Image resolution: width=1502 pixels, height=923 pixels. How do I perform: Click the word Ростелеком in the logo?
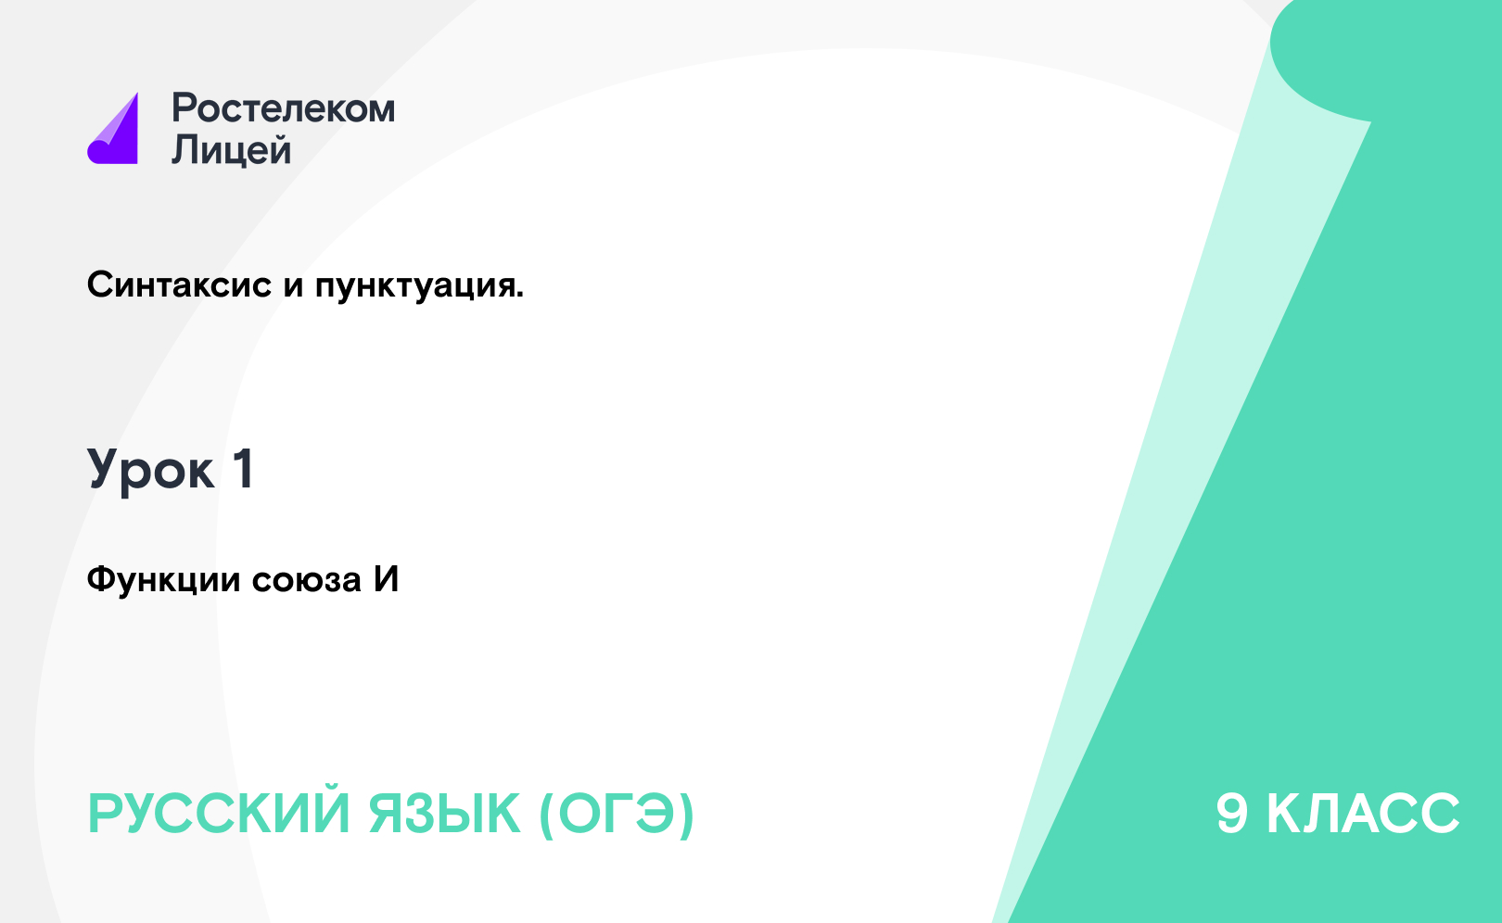tap(284, 107)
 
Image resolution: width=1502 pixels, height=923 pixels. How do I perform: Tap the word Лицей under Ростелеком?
tap(232, 149)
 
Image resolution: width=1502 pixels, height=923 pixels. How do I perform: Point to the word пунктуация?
tap(415, 287)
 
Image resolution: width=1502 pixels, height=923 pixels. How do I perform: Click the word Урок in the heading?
tap(151, 470)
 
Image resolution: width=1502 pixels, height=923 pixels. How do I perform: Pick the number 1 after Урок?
tap(244, 469)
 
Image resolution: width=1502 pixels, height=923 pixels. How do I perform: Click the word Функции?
tap(163, 580)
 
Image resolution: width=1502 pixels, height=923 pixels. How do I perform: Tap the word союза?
tap(307, 581)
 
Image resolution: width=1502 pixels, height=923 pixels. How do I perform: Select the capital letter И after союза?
tap(387, 579)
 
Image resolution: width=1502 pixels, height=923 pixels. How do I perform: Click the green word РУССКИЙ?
tap(219, 814)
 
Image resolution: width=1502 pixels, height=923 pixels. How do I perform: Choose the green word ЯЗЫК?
tap(444, 814)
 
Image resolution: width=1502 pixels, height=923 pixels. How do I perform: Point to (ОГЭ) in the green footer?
tap(617, 815)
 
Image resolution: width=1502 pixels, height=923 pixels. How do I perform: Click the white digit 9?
tap(1232, 814)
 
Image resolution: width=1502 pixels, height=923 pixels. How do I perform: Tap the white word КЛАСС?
tap(1363, 814)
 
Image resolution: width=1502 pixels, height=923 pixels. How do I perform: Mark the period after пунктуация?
tap(519, 295)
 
